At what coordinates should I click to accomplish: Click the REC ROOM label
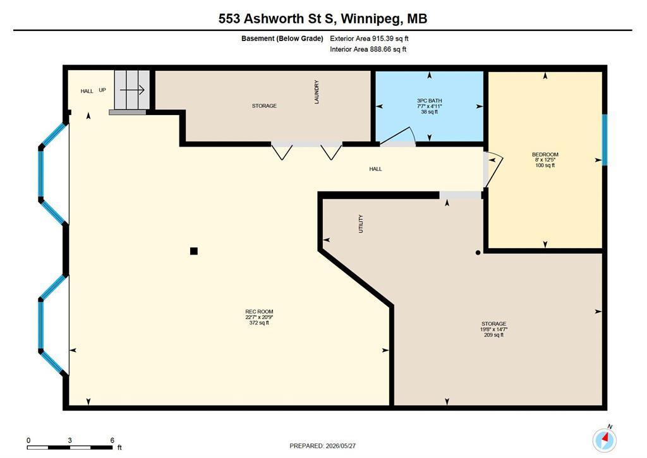point(259,311)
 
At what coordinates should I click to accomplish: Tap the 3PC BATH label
point(429,100)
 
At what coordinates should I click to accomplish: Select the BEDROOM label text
point(545,154)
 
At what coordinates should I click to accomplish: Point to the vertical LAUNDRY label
point(317,92)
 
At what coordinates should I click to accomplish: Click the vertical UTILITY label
point(361,224)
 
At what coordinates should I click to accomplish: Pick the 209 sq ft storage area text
point(494,335)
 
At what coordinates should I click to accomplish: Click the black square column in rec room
point(193,251)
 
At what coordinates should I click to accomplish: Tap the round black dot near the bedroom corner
point(478,253)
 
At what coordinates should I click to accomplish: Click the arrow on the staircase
point(132,90)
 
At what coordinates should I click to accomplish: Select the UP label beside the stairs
point(102,90)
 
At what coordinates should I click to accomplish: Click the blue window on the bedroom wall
point(605,140)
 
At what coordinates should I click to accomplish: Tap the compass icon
point(605,439)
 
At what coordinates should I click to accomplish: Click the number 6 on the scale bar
point(112,440)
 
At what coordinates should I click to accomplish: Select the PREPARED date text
point(323,445)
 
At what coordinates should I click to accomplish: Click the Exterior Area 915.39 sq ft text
point(369,39)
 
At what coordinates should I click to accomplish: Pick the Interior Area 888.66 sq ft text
point(368,49)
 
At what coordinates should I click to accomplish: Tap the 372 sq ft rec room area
point(259,323)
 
